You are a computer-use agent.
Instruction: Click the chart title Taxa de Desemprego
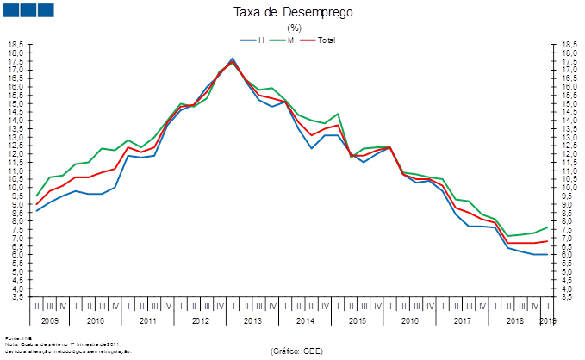[x=293, y=12]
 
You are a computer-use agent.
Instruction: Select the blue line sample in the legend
[x=247, y=40]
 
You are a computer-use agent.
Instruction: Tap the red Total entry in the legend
[x=320, y=40]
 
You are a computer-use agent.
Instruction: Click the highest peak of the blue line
[x=233, y=59]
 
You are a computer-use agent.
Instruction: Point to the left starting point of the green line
[x=36, y=196]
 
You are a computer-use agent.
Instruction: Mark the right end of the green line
[x=547, y=227]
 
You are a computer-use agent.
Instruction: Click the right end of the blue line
[x=547, y=254]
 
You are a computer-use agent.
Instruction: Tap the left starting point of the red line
[x=36, y=204]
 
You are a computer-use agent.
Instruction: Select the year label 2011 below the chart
[x=147, y=320]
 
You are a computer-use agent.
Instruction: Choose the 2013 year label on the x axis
[x=252, y=320]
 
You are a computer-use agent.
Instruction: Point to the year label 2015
[x=357, y=320]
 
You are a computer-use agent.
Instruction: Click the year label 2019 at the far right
[x=547, y=320]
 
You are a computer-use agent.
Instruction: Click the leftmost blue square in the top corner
[x=12, y=9]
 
